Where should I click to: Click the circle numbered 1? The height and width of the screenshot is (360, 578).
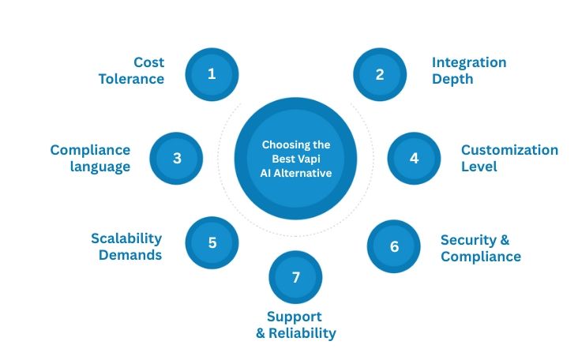coord(212,74)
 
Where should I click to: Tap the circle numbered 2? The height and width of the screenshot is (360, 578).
coord(380,75)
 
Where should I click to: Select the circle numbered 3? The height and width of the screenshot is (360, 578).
coord(177,158)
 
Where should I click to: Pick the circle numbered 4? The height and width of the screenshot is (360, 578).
coord(414,158)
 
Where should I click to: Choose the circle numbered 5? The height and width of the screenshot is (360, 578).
coord(212,242)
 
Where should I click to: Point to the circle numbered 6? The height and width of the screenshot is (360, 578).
coord(394,246)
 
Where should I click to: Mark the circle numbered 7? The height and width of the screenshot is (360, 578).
coord(295,277)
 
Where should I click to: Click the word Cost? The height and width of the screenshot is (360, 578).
coord(148,62)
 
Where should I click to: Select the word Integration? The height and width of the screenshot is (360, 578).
coord(469,62)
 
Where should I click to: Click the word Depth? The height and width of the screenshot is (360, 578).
coord(452,79)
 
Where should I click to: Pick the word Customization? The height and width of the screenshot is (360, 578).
coord(509,150)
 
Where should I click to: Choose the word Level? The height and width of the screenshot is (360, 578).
coord(479,167)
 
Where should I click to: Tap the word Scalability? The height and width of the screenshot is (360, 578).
coord(126,238)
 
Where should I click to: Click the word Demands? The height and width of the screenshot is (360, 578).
coord(130,255)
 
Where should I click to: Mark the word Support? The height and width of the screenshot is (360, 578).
coord(295,317)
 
